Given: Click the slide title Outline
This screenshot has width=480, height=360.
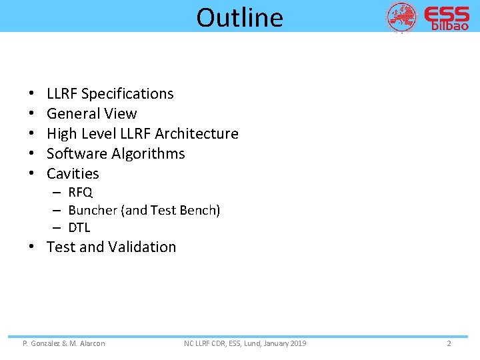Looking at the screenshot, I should point(239,17).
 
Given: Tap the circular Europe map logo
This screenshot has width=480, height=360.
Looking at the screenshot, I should point(402,17).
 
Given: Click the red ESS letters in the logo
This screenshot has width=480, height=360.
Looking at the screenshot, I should point(446,14).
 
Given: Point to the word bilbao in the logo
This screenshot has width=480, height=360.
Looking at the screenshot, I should point(450,27).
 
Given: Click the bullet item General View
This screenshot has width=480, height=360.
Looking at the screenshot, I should point(91,114).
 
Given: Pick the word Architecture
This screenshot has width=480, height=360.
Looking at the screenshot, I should point(197,134).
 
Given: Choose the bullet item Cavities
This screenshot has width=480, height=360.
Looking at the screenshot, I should point(73,174).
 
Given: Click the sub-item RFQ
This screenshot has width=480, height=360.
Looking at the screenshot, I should point(80,193).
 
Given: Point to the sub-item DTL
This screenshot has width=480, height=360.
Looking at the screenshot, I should point(79,227).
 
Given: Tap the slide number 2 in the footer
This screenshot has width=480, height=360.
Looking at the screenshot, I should point(449,343).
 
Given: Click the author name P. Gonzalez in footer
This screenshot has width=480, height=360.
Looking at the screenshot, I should point(43,343).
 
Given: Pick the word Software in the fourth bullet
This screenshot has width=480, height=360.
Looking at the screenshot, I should point(73,154).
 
